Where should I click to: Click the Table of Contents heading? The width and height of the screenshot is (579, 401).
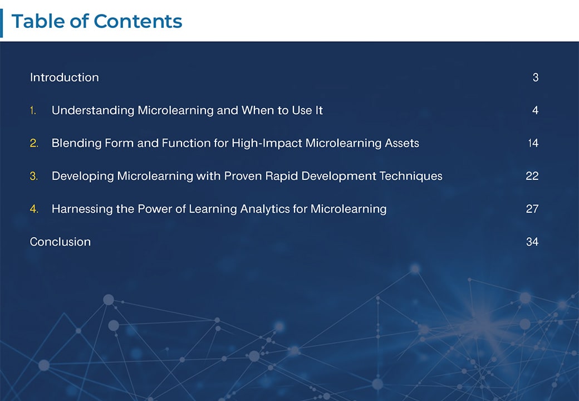pos(97,21)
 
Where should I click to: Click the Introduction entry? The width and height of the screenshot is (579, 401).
pos(64,77)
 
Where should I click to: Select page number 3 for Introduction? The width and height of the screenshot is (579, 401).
pos(535,77)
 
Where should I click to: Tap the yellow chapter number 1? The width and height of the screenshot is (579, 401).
pos(33,110)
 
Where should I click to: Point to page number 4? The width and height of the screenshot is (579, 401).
pos(535,110)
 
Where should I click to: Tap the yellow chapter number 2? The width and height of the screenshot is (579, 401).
pos(33,143)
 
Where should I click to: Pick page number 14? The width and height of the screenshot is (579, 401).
pos(533,143)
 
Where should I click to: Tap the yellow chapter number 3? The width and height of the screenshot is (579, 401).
pos(33,176)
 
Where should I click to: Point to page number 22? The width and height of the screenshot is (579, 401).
pos(532,176)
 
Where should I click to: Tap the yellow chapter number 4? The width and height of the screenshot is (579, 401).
pos(33,209)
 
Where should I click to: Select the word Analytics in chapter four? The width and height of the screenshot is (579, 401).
pos(263,209)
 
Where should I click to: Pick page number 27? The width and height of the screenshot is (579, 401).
pos(532,209)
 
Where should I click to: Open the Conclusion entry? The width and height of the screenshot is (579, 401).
pos(60,242)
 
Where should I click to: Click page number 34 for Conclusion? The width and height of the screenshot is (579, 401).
pos(532,242)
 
